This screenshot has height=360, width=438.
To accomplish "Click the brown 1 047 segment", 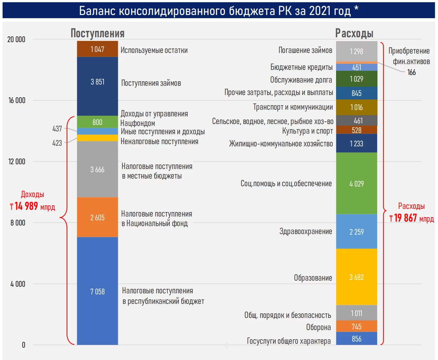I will click(x=97, y=49).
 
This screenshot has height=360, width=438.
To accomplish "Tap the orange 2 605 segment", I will click(x=97, y=217).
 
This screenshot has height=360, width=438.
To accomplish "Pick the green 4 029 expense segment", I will click(x=356, y=183).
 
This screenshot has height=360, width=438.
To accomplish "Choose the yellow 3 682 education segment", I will click(x=356, y=277).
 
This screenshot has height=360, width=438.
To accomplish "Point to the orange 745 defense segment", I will click(x=356, y=326).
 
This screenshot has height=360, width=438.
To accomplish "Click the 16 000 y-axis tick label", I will click(x=17, y=100).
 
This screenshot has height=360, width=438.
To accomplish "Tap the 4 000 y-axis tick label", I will click(x=18, y=284).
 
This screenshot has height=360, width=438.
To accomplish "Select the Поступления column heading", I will click(x=97, y=33).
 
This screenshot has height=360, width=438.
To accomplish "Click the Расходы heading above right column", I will click(x=354, y=33).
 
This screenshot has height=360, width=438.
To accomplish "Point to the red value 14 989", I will click(x=26, y=206).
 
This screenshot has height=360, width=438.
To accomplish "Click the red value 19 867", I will click(x=406, y=218).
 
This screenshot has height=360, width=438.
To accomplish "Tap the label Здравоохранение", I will click(x=305, y=231).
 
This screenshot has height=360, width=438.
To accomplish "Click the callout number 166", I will click(x=412, y=72).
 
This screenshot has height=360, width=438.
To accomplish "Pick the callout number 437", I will click(x=57, y=129).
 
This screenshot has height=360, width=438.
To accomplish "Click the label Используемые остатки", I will click(x=154, y=50).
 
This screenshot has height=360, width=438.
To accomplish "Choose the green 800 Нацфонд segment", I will click(x=97, y=122).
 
